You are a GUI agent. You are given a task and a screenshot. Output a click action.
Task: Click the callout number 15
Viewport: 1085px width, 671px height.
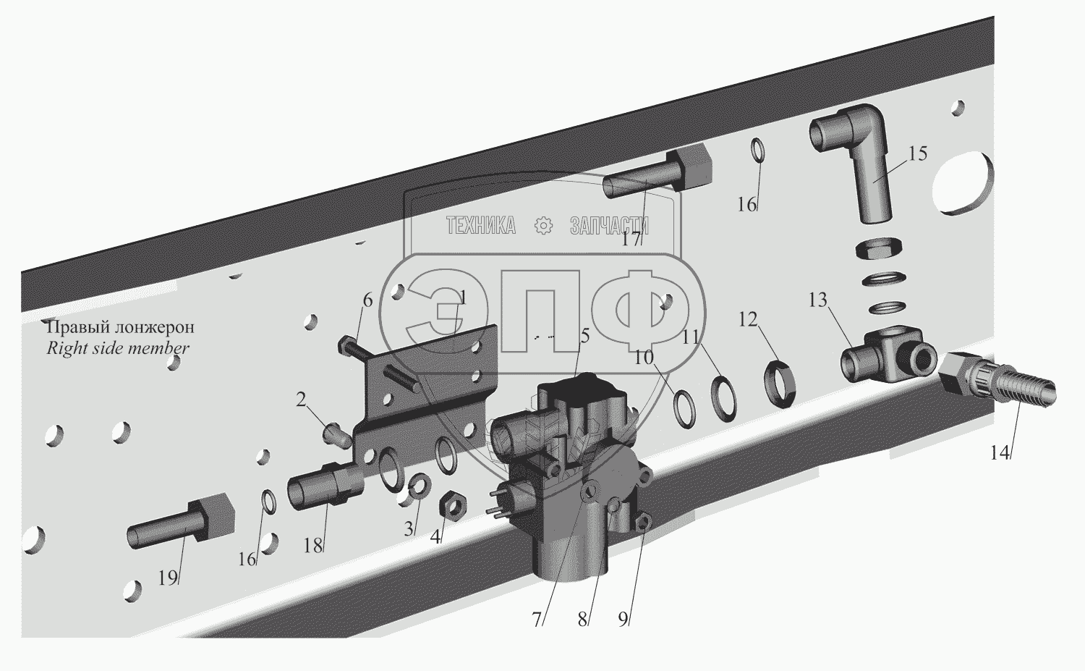917,153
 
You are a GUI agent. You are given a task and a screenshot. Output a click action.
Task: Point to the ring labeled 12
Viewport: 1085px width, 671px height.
779,384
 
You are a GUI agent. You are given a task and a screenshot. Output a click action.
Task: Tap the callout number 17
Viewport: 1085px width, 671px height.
631,239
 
